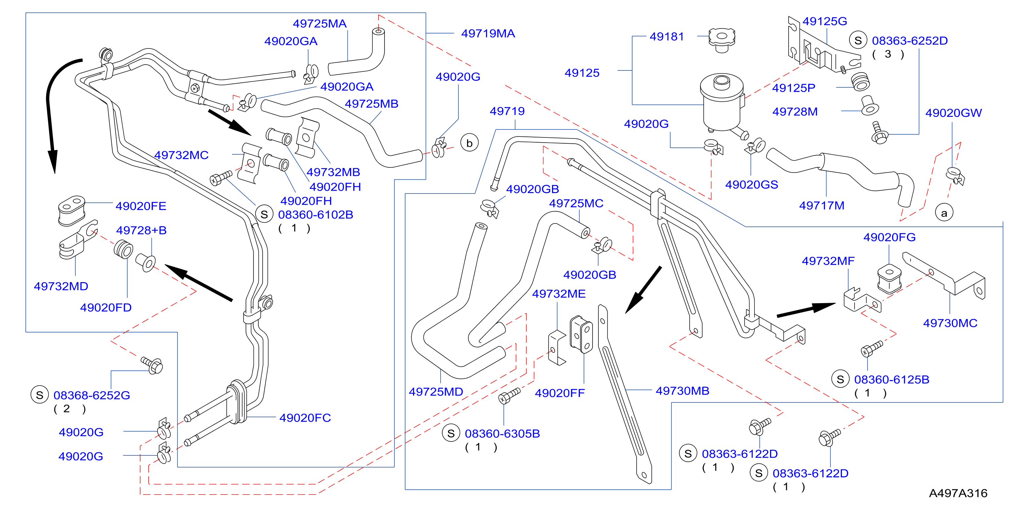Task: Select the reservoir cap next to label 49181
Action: (x=722, y=40)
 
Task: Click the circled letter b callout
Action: (x=469, y=143)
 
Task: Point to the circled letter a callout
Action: (x=944, y=213)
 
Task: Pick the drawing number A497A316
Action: (x=958, y=493)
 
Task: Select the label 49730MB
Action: (x=683, y=390)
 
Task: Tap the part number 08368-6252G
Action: (x=91, y=395)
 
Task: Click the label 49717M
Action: (x=822, y=206)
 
